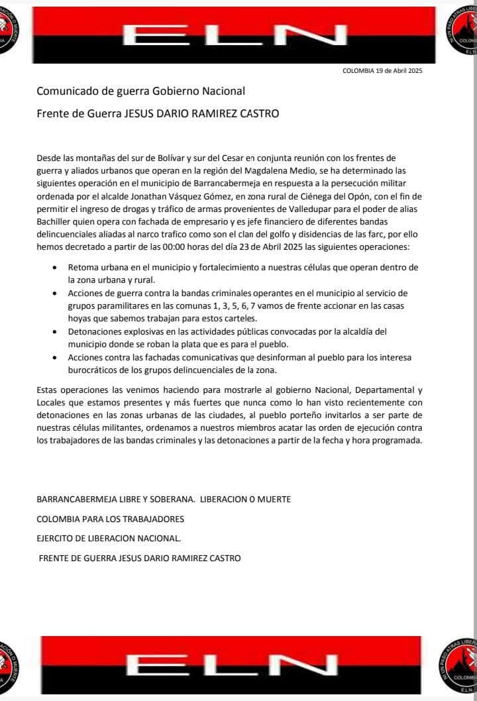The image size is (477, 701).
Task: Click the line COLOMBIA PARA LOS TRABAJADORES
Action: coord(110,518)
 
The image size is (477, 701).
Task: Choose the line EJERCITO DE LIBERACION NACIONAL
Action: coord(109,538)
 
